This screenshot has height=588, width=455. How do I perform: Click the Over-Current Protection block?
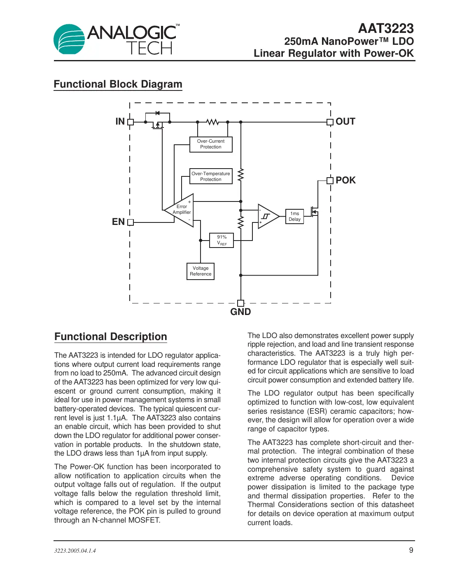[211, 144]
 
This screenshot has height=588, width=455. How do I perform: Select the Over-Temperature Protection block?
[211, 176]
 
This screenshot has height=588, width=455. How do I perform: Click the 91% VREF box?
[222, 240]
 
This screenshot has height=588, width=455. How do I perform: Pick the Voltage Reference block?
[201, 271]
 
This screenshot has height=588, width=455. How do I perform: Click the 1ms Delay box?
[294, 217]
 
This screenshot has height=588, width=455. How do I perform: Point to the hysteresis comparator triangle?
[266, 216]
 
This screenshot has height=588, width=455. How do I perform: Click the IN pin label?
[120, 122]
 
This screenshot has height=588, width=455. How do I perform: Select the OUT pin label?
[345, 122]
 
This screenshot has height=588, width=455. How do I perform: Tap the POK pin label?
[345, 181]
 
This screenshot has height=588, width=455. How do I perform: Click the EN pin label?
[118, 222]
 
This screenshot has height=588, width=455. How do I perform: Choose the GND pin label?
[240, 312]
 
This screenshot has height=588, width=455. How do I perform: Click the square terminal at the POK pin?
[330, 181]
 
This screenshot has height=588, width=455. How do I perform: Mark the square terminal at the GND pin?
[241, 303]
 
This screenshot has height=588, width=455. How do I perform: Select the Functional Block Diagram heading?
[118, 84]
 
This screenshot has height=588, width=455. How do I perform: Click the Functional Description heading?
[110, 337]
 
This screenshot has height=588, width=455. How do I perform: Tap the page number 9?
[411, 550]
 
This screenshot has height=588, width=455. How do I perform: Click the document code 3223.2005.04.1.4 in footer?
[75, 551]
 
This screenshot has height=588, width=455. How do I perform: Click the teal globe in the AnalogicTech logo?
[69, 39]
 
